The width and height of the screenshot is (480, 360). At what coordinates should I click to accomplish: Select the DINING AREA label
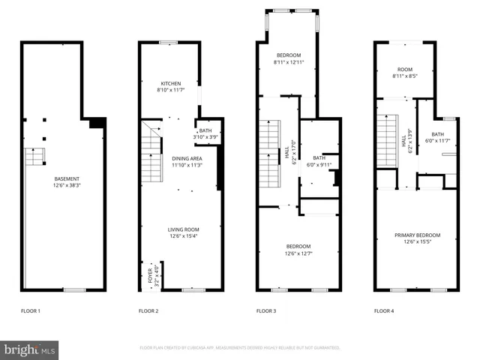(x=178, y=158)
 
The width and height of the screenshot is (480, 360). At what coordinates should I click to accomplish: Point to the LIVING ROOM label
(x=182, y=229)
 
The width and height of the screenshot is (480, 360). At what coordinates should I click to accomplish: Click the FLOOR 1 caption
(x=30, y=310)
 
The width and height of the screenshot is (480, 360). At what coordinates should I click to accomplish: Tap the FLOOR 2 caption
(x=148, y=310)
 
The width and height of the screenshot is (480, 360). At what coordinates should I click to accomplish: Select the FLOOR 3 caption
(x=266, y=310)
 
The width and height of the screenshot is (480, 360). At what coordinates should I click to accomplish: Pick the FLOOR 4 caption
(x=384, y=310)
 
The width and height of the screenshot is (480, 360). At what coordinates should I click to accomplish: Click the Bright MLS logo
(x=30, y=349)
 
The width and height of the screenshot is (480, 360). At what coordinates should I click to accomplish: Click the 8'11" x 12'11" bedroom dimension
(x=289, y=62)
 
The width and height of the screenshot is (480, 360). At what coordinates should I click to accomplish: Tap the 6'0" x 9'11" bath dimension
(x=319, y=164)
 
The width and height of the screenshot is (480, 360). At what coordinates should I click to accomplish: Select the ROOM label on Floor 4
(x=405, y=69)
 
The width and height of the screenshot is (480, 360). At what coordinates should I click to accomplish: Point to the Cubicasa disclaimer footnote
(x=240, y=348)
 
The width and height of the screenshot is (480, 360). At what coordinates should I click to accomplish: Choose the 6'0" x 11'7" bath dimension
(x=437, y=140)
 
